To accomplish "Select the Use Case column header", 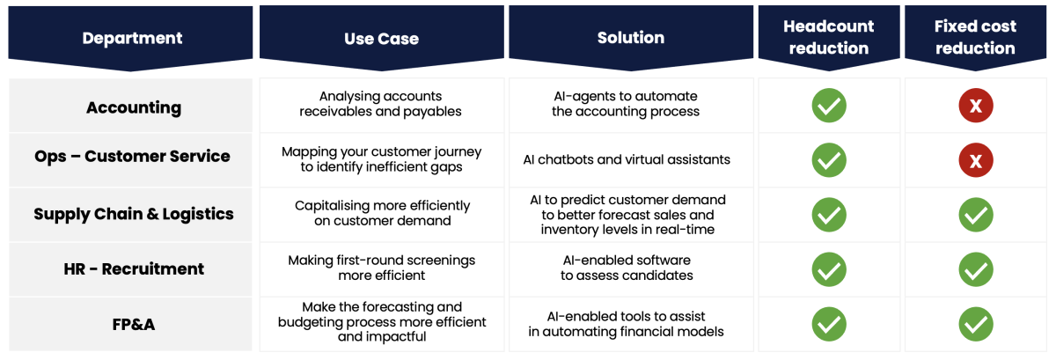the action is click(381, 38).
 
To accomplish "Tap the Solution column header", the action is click(631, 38).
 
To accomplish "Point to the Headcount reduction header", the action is click(829, 37).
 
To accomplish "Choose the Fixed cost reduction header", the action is click(975, 37).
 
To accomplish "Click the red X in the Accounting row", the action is click(976, 106).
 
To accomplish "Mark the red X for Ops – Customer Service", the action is click(976, 160).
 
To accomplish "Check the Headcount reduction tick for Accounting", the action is click(829, 106).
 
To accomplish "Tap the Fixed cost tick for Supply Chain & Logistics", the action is click(976, 215).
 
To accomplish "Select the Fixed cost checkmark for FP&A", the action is click(976, 324).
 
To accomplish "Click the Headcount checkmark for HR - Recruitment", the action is click(829, 269).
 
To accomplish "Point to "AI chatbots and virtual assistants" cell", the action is click(627, 160).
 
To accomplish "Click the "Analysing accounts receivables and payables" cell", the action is click(381, 104).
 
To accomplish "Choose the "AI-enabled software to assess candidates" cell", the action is click(627, 268).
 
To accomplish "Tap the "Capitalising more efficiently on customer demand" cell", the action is click(382, 213).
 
